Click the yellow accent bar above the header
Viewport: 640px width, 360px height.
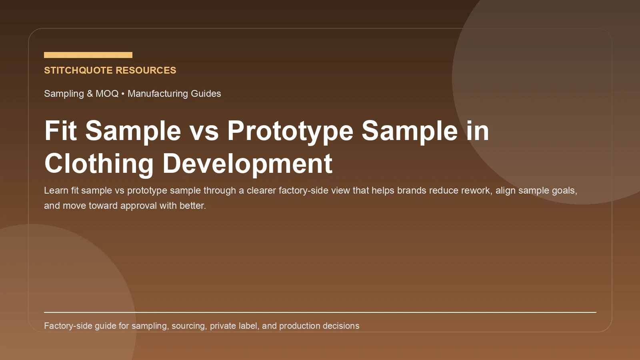[88, 55]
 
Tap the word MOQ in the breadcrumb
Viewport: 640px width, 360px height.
[107, 94]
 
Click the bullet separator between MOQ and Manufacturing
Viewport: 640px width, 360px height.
[123, 94]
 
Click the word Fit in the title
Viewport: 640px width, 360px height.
[60, 131]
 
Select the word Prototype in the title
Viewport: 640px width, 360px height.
[290, 131]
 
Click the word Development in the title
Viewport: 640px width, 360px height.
[247, 164]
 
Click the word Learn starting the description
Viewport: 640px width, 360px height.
[56, 190]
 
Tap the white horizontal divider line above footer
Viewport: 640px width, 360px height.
[320, 312]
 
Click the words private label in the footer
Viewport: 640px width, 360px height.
[234, 326]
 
